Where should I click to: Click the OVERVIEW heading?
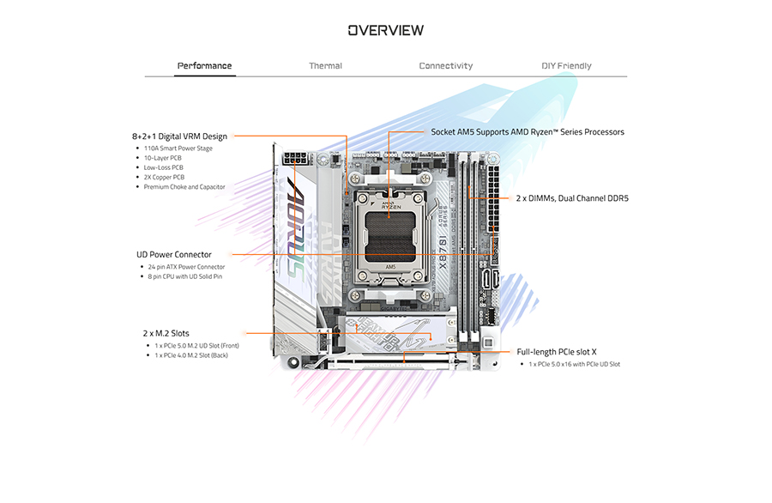click(x=385, y=31)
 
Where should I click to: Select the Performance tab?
click(x=204, y=66)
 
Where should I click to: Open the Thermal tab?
click(x=325, y=66)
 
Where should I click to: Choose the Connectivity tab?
click(x=445, y=66)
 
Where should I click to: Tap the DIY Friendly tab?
click(x=566, y=66)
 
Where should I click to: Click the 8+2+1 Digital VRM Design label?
click(x=179, y=136)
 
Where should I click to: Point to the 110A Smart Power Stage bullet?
click(x=178, y=148)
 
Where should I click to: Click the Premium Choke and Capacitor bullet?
click(x=184, y=186)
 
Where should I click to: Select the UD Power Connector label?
click(x=174, y=254)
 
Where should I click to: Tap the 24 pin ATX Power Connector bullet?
click(x=186, y=267)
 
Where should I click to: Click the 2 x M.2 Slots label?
click(x=166, y=333)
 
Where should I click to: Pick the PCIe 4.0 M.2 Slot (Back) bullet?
click(x=191, y=355)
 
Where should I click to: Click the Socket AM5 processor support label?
click(x=528, y=132)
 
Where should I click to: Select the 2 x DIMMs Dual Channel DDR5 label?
click(x=572, y=197)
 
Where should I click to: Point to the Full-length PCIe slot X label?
click(x=557, y=352)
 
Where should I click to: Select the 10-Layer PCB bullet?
click(x=162, y=158)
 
